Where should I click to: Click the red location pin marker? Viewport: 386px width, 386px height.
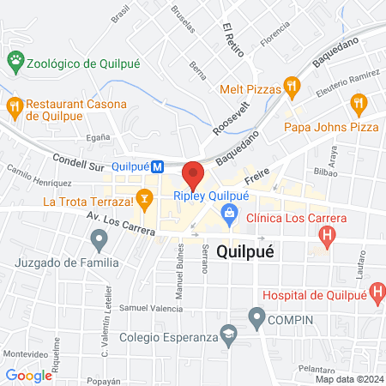pyautogui.click(x=193, y=175)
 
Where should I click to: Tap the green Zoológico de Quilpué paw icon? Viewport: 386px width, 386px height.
pyautogui.click(x=15, y=60)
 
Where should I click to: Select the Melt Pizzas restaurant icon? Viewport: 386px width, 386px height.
pyautogui.click(x=293, y=84)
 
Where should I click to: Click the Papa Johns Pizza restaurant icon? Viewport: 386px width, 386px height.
pyautogui.click(x=359, y=105)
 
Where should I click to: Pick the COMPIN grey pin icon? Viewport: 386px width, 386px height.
pyautogui.click(x=256, y=319)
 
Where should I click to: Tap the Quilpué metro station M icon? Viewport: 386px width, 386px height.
pyautogui.click(x=158, y=167)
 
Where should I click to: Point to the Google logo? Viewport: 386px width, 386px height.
pyautogui.click(x=28, y=375)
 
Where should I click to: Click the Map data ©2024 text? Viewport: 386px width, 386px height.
pyautogui.click(x=348, y=379)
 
